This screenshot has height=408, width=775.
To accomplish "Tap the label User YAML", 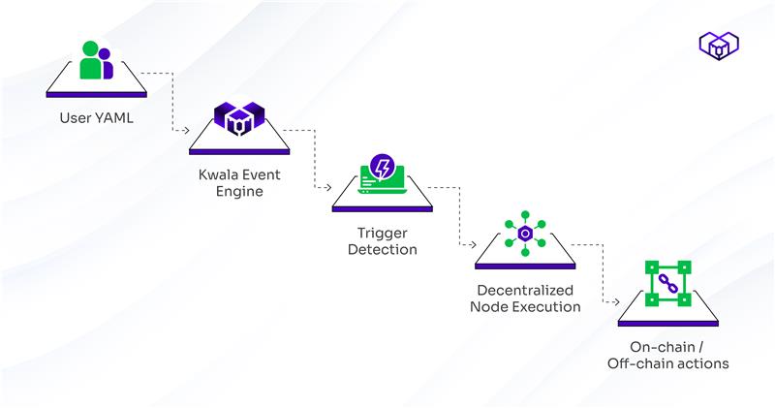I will [96, 120].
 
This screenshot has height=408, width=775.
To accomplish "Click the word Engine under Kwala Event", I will [239, 193].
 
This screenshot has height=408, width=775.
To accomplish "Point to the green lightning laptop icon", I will [383, 173].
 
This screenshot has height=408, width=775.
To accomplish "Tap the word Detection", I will [383, 249].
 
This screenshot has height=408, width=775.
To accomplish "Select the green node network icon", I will [525, 233].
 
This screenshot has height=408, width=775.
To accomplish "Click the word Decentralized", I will [525, 290].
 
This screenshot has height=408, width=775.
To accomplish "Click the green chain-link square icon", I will [667, 283].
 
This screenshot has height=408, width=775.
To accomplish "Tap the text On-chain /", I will [667, 347].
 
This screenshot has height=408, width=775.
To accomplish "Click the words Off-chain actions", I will [667, 363].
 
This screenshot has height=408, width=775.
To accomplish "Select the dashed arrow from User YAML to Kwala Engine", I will [171, 102].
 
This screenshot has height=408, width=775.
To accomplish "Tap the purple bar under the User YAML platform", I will [96, 94].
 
